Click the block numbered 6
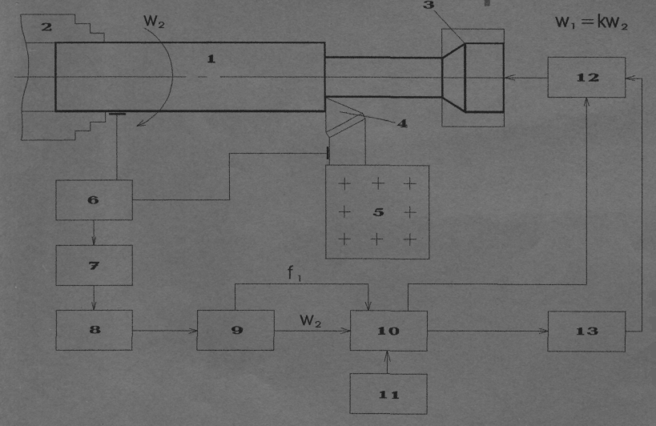(95, 200)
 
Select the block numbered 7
(95, 265)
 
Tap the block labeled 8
(95, 330)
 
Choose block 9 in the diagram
(235, 330)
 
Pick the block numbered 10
(388, 330)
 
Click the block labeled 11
(388, 394)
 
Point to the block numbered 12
(586, 78)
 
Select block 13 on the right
(586, 330)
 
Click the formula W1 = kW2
(591, 23)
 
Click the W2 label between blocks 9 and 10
(311, 320)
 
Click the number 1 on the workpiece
(211, 58)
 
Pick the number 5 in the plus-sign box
(377, 212)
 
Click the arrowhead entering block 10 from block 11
(388, 356)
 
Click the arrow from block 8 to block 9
(189, 330)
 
